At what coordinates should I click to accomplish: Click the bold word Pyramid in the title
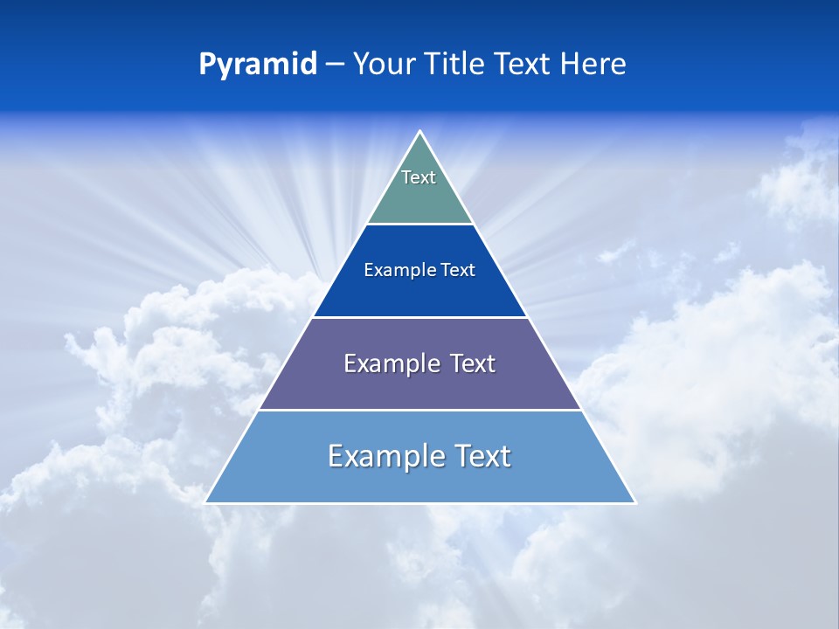(x=258, y=65)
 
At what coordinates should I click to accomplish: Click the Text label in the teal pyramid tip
(x=419, y=177)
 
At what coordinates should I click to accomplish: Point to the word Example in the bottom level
(x=385, y=456)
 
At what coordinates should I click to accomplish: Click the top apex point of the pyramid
(x=420, y=132)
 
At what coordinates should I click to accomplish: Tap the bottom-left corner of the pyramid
(x=206, y=502)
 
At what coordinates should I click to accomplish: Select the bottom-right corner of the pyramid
(x=634, y=502)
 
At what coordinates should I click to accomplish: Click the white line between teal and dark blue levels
(x=420, y=225)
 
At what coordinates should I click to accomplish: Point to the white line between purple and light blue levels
(x=420, y=410)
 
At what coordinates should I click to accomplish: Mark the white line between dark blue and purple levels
(x=420, y=317)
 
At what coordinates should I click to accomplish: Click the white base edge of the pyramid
(x=420, y=503)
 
